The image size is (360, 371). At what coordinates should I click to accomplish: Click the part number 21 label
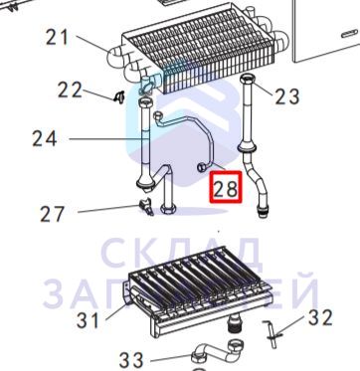coord(58,37)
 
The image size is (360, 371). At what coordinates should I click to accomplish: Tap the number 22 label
coord(70,90)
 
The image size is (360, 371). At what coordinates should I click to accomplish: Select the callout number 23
coord(287,96)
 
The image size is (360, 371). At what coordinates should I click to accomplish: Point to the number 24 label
coord(45,138)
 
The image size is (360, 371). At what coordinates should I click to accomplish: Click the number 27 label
coord(52,214)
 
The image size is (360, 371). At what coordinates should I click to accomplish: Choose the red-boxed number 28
coord(226,188)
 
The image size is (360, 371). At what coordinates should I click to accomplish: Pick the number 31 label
coord(88,320)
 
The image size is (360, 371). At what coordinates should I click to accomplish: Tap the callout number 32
coord(320,317)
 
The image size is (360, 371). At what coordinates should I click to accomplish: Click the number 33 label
coord(131,361)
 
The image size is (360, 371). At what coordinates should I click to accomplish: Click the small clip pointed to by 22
coord(118,96)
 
